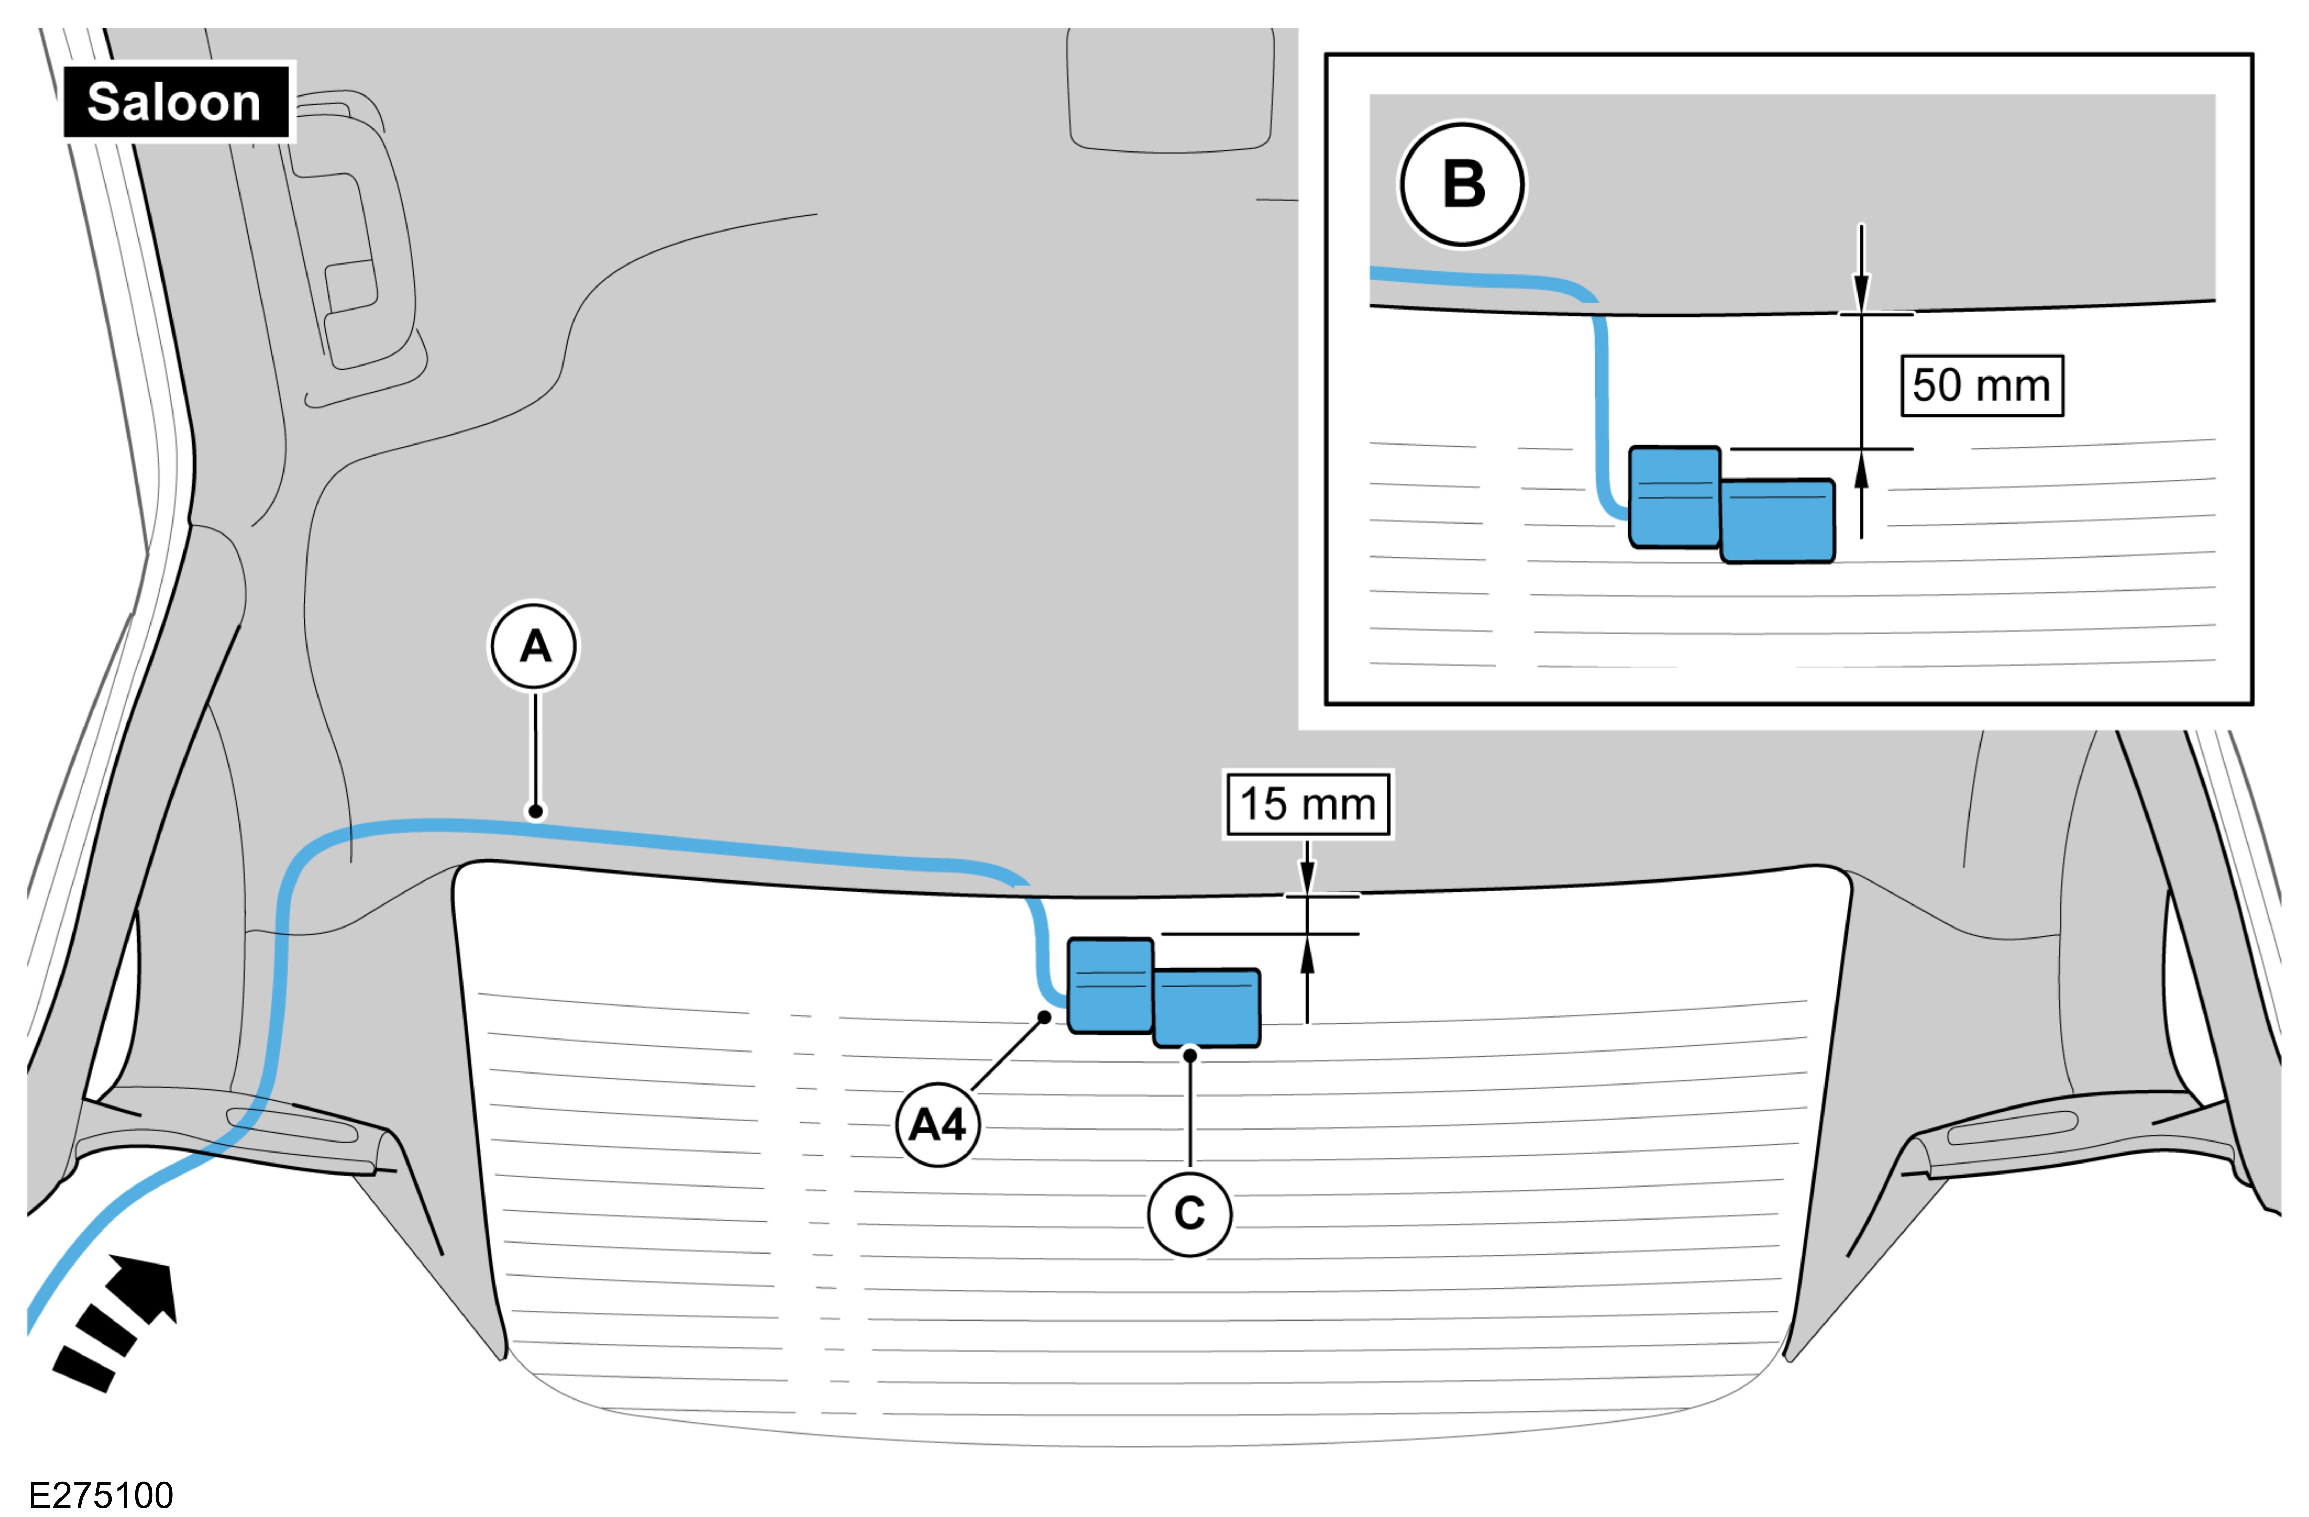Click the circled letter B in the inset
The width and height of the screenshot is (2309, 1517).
[x=1462, y=184]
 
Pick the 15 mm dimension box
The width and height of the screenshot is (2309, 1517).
[x=1307, y=804]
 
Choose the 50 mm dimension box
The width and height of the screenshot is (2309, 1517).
[x=1981, y=386]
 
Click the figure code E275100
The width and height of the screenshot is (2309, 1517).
[x=101, y=1495]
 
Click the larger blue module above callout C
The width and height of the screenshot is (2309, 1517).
[x=1207, y=1008]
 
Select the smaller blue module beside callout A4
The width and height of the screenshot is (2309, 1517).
[x=1111, y=985]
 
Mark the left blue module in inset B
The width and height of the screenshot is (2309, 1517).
[x=1674, y=497]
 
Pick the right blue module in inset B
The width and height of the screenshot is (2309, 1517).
[x=1777, y=521]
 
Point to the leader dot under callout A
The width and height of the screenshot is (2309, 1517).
[x=535, y=811]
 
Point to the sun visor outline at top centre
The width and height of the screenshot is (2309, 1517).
[x=1170, y=92]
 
